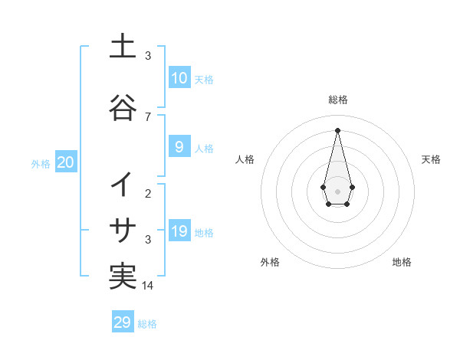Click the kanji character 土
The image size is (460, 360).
tap(123, 47)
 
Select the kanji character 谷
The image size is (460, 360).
tap(123, 107)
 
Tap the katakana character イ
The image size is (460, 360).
tap(123, 185)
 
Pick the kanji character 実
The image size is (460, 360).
tap(123, 277)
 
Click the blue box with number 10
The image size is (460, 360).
tap(179, 78)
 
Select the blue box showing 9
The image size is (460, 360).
tap(179, 147)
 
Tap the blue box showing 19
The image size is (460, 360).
tap(179, 231)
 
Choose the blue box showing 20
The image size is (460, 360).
tap(65, 162)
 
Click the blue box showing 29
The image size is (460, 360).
tap(123, 322)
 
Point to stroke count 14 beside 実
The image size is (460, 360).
tap(148, 285)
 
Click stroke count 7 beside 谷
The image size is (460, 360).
tap(148, 116)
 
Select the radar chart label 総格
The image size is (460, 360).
tap(337, 100)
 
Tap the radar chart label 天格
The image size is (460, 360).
tap(431, 159)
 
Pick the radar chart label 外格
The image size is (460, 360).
tap(270, 262)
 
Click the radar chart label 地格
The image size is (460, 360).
tap(402, 262)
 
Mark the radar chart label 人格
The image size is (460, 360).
tap(245, 159)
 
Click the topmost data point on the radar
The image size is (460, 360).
tap(337, 129)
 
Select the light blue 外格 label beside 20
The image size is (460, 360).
tap(41, 163)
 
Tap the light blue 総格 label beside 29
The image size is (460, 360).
tap(147, 323)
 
